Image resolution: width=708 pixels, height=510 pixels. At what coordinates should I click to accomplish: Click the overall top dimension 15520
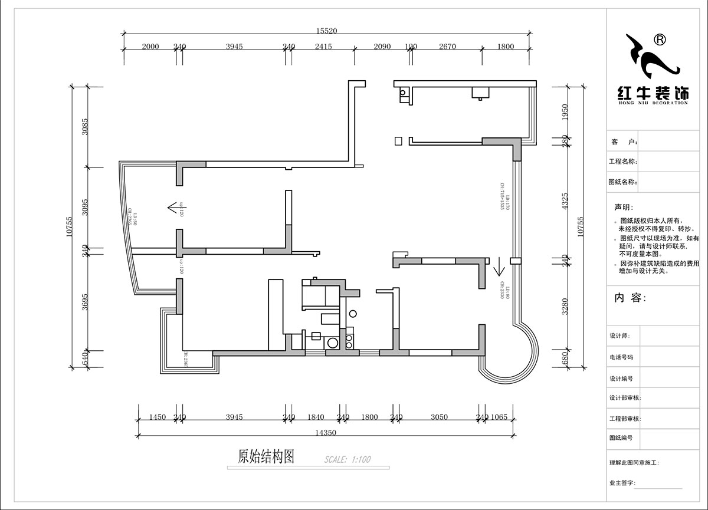[x=326, y=31]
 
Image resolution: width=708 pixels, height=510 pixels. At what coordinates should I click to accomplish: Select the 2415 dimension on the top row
[x=323, y=47]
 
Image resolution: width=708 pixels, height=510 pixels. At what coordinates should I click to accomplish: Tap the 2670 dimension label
[x=447, y=47]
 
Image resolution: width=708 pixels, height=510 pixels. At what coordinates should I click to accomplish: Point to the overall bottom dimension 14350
[x=325, y=432]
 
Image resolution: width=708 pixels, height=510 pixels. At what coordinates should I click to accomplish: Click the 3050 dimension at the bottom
[x=439, y=417]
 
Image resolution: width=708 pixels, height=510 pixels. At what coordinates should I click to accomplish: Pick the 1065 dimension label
[x=499, y=417]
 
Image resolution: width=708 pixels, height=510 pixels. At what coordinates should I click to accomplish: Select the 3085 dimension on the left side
[x=85, y=127]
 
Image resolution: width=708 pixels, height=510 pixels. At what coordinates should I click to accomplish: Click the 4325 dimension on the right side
[x=565, y=202]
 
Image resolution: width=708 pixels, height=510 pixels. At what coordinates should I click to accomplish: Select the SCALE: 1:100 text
[x=348, y=459]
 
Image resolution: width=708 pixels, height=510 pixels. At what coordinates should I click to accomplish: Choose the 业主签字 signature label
[x=622, y=483]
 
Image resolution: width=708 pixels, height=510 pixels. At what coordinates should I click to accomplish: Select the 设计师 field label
[x=620, y=335]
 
